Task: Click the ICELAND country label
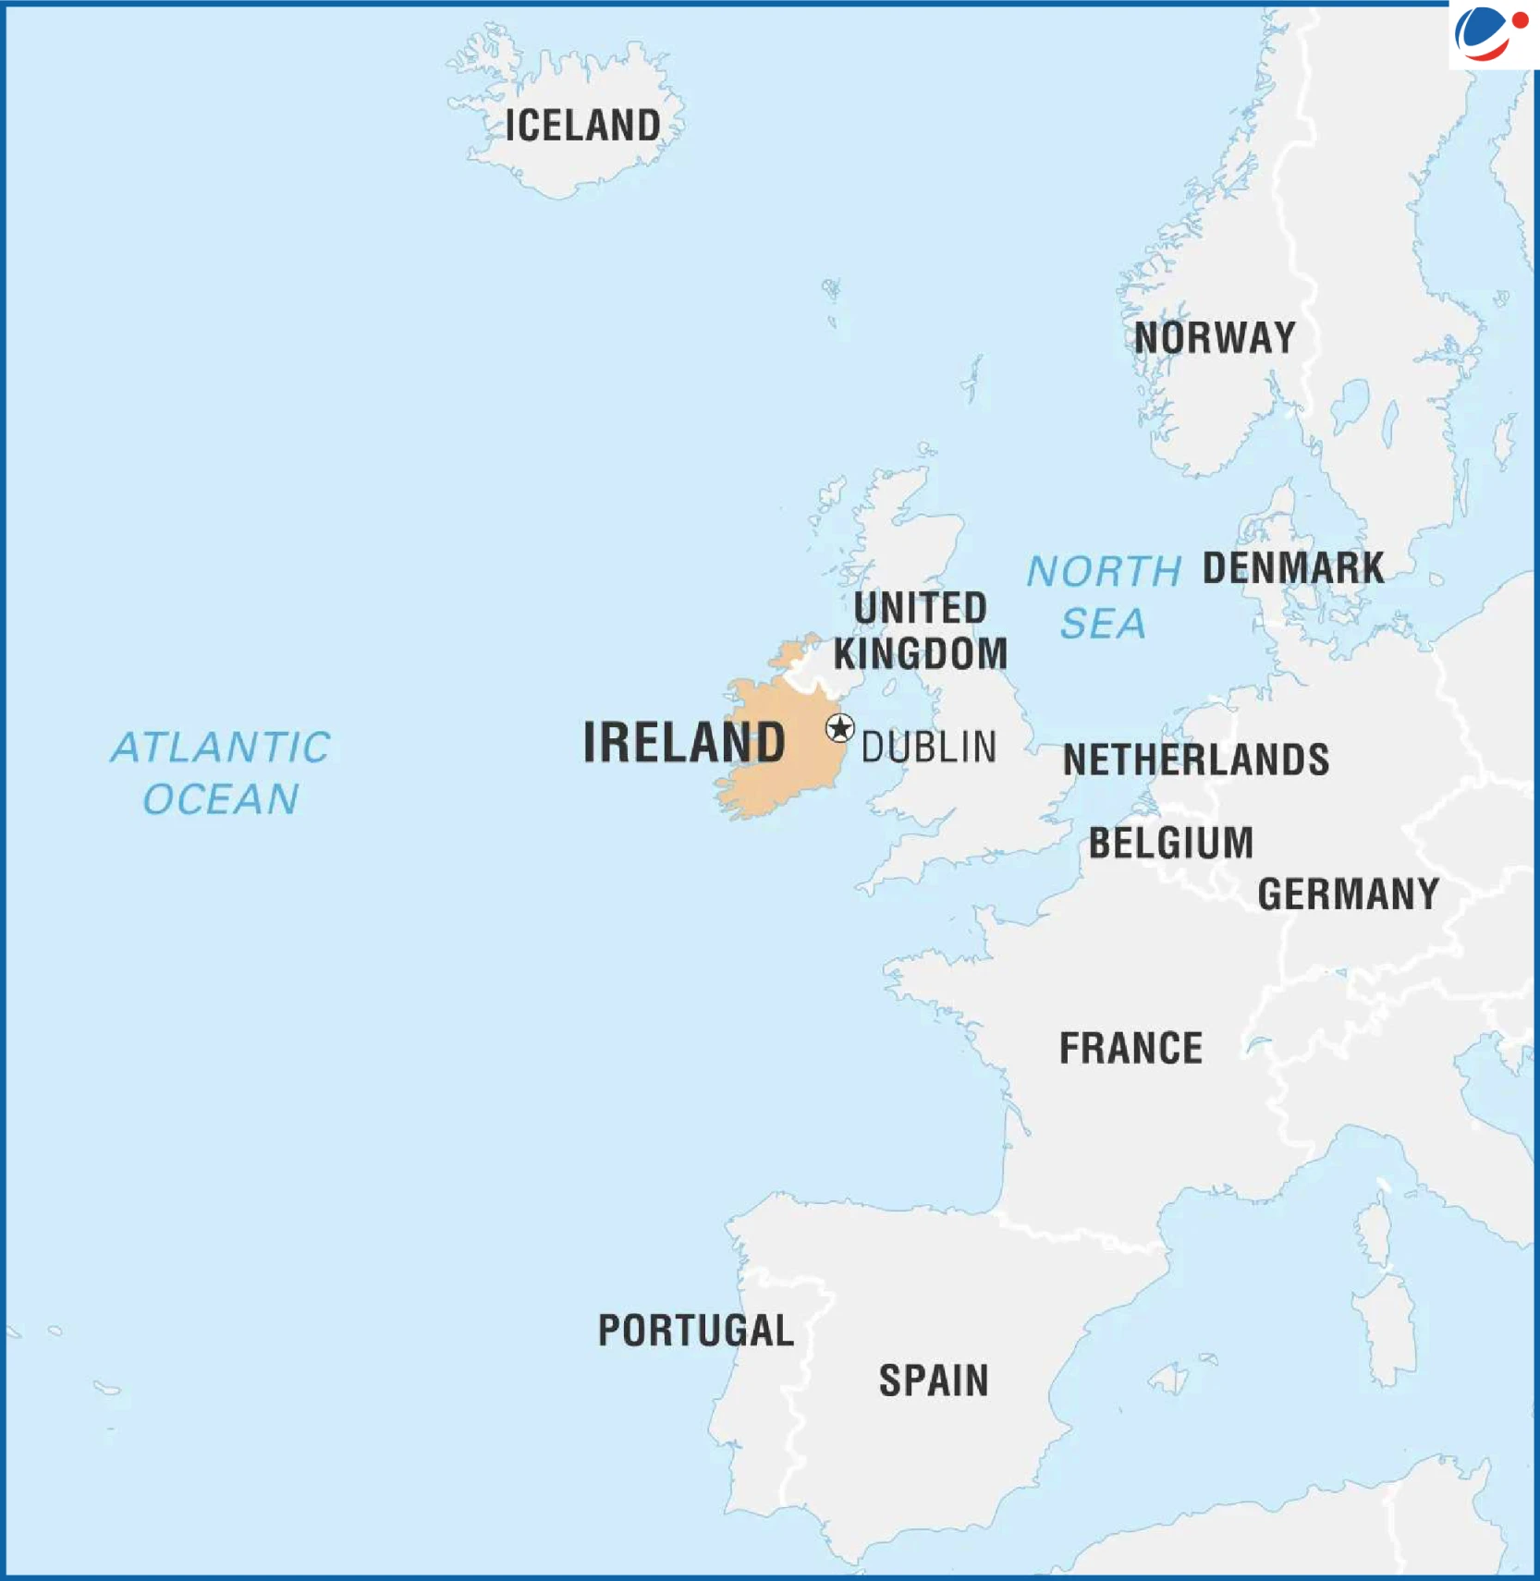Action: coord(582,126)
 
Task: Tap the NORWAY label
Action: coord(1215,338)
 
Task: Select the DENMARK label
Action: coord(1293,568)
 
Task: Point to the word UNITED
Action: coord(921,608)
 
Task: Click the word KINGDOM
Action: coord(921,654)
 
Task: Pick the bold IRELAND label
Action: coord(683,742)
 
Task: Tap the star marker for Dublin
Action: coord(839,729)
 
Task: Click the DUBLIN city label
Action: coord(929,748)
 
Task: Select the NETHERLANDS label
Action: coord(1196,760)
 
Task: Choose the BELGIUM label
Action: coord(1171,844)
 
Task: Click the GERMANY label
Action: coord(1349,894)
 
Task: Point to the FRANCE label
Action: coord(1131,1049)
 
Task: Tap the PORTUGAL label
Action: coord(696,1331)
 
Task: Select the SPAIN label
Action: coord(934,1380)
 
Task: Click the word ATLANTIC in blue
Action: coord(221,748)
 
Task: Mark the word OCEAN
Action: coord(221,799)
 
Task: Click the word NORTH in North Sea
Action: coord(1105,572)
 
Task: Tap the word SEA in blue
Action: coord(1103,624)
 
